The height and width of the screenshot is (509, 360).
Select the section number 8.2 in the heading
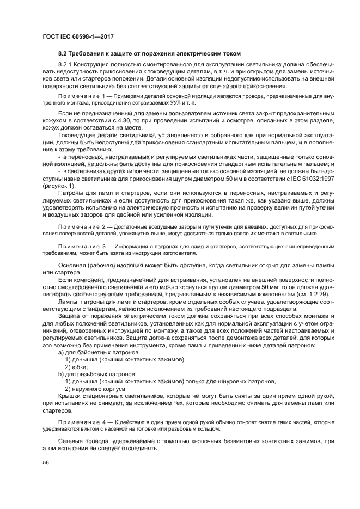tap(63, 53)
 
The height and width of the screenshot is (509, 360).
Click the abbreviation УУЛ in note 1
tap(160, 102)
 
